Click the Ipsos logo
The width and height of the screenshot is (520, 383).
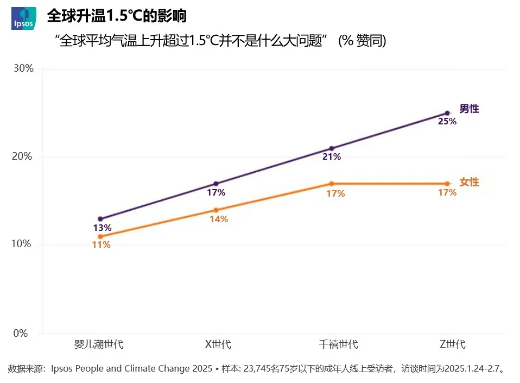coord(24,18)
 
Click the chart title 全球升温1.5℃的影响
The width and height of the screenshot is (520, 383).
coord(117,16)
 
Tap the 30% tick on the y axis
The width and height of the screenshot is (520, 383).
coord(23,68)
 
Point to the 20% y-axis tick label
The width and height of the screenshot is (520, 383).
coord(23,156)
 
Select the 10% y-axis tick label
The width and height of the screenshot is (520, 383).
coord(23,244)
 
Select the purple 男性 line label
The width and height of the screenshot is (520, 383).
coord(469,109)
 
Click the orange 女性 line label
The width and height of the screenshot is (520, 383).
coord(469,182)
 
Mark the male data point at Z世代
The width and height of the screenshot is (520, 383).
coord(447,113)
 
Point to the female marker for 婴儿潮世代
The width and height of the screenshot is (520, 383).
coord(100,236)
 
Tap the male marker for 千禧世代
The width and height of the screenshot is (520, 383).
coord(332,148)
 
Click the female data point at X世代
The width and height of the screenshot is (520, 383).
coord(216,210)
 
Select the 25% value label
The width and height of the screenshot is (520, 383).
coord(447,122)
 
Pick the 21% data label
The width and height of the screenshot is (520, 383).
coord(331,157)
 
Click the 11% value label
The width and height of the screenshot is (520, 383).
coord(101,245)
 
